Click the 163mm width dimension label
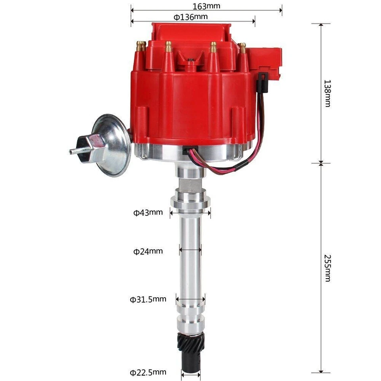click(206, 6)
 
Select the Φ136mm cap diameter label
click(190, 17)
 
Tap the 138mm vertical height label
click(327, 93)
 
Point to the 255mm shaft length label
click(327, 268)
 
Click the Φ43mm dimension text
click(148, 212)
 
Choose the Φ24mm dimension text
click(148, 251)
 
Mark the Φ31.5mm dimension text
click(148, 299)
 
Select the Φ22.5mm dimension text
click(148, 372)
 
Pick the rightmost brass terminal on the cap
click(242, 48)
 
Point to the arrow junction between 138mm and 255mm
click(321, 163)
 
